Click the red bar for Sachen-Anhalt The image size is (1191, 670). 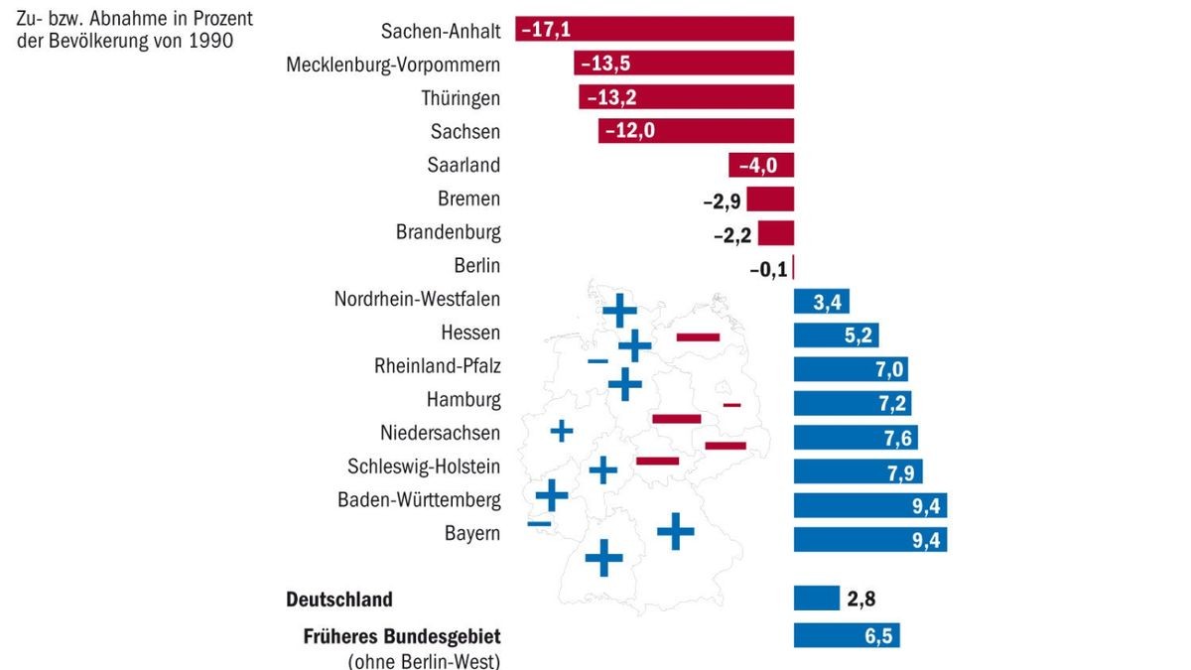click(x=655, y=30)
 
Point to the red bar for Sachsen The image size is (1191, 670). click(x=696, y=131)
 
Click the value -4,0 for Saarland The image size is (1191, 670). click(x=757, y=165)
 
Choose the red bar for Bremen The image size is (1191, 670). click(x=770, y=199)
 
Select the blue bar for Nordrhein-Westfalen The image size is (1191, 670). click(x=821, y=301)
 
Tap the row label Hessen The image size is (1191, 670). click(x=470, y=333)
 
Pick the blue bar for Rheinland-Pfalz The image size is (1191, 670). click(x=851, y=368)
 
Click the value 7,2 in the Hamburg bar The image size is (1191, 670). click(x=889, y=403)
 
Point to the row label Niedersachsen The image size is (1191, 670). click(x=440, y=433)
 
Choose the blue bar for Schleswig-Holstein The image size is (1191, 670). click(x=858, y=470)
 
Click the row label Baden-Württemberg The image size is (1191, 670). click(x=418, y=499)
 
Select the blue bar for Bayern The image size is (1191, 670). click(x=869, y=539)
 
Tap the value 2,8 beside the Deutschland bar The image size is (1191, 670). click(x=860, y=599)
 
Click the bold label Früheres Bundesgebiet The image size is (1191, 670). click(x=401, y=636)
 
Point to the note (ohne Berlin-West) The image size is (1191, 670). click(x=424, y=660)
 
